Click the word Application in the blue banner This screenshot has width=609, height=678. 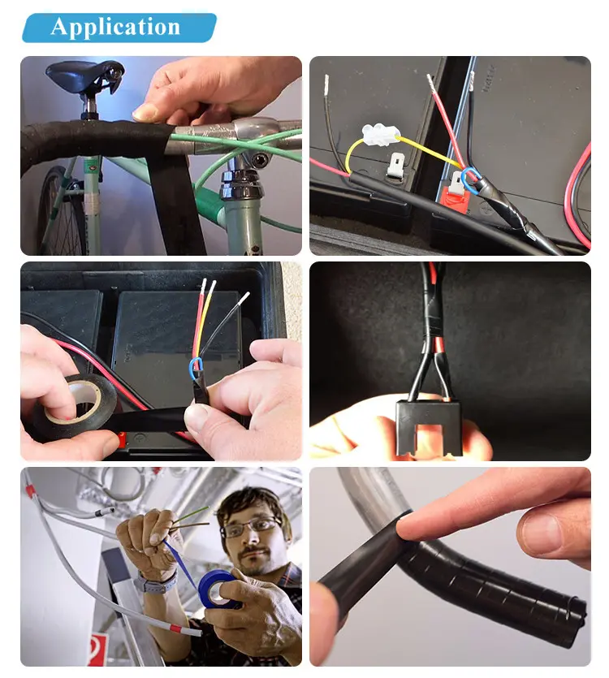(115, 28)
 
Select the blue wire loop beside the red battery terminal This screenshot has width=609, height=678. (469, 181)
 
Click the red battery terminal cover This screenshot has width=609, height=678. (456, 200)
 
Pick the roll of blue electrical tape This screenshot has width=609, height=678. (220, 589)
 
